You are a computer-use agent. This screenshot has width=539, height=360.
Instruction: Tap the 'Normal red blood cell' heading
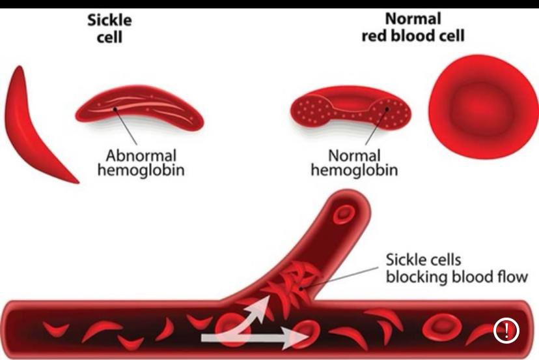pyautogui.click(x=413, y=27)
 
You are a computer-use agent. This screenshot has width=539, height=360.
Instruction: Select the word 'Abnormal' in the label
pyautogui.click(x=141, y=157)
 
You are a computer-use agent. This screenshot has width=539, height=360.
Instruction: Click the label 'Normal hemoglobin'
pyautogui.click(x=354, y=163)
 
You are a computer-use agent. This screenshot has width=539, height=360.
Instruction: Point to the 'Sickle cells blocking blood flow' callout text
pyautogui.click(x=456, y=269)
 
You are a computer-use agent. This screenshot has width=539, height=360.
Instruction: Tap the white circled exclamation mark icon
pyautogui.click(x=506, y=331)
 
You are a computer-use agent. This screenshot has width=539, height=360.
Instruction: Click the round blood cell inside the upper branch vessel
pyautogui.click(x=342, y=214)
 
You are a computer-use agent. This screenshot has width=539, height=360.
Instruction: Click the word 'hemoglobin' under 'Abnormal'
pyautogui.click(x=141, y=171)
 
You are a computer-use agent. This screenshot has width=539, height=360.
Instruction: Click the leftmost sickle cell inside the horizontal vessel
pyautogui.click(x=57, y=328)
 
